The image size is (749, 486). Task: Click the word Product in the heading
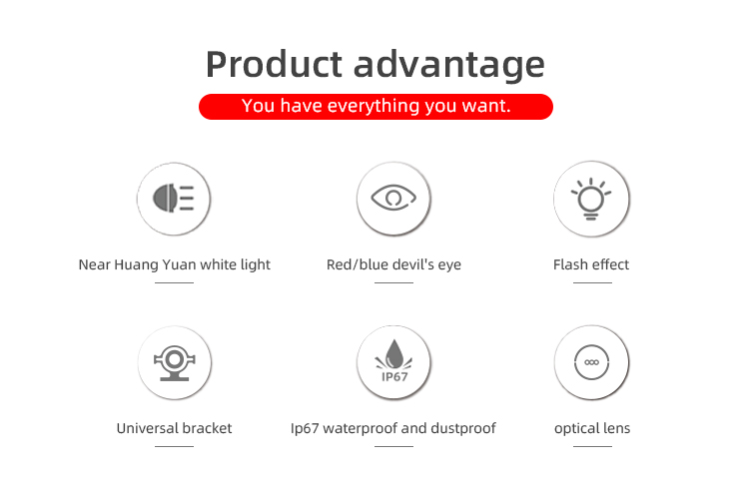tap(274, 64)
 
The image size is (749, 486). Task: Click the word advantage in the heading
tap(449, 66)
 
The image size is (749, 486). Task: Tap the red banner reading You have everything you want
tap(375, 107)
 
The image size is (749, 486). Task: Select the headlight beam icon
tap(174, 199)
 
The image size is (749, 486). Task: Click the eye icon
tap(393, 199)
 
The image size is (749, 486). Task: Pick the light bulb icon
tap(591, 199)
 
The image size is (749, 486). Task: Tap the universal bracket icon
tap(175, 362)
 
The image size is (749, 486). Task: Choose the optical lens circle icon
tap(591, 362)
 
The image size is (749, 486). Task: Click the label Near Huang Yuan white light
tap(175, 265)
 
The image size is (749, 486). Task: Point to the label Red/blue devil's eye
tap(393, 265)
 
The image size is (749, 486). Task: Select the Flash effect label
tap(591, 264)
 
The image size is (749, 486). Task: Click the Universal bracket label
tap(175, 428)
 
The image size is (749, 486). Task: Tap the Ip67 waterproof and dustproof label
tap(393, 429)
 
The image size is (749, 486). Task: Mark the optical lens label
tap(592, 429)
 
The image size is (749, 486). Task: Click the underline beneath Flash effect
tap(592, 282)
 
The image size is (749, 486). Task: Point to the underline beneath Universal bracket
tap(175, 446)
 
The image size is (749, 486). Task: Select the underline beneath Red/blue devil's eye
tap(393, 282)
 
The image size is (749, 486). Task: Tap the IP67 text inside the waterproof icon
tap(394, 376)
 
